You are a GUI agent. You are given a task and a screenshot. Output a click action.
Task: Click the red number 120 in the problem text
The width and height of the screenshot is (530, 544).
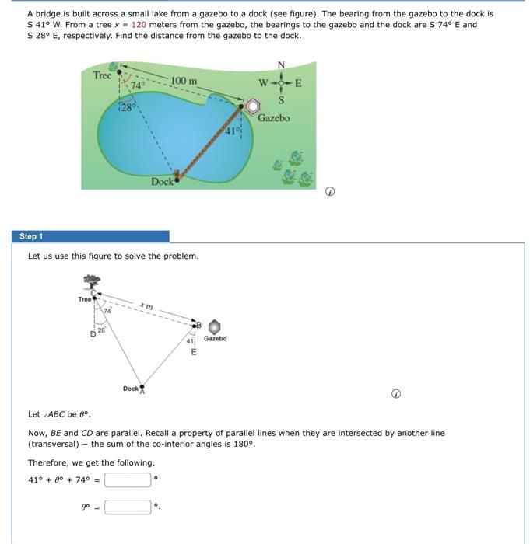tap(139, 25)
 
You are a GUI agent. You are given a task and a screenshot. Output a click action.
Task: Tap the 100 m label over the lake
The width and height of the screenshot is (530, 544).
tap(184, 81)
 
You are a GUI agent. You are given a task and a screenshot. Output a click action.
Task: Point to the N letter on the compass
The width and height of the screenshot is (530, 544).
tap(281, 65)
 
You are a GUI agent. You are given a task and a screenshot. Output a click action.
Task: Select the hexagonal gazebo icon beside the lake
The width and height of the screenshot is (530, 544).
tap(254, 106)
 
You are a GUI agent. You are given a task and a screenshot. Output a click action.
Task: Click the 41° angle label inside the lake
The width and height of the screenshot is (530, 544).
tap(231, 131)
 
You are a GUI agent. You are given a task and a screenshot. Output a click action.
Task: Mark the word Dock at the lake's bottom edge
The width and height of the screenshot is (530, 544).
tap(162, 181)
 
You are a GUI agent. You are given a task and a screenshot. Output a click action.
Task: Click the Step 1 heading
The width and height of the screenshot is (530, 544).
tap(32, 236)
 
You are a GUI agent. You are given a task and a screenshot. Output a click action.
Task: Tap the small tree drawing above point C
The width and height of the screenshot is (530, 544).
tap(93, 282)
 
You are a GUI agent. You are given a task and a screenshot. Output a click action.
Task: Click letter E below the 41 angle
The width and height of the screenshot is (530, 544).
tap(194, 352)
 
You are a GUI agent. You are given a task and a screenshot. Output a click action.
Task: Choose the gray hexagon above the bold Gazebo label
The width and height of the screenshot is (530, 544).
tap(215, 326)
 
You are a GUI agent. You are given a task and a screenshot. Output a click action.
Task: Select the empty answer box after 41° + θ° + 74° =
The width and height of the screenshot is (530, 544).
tap(128, 479)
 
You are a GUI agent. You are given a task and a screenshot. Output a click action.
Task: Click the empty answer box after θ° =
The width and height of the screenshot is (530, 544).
tap(128, 507)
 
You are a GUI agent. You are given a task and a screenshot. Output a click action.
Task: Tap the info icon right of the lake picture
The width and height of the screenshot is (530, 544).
tap(330, 190)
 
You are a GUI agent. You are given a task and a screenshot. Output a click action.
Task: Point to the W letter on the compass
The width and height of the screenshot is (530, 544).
tap(264, 83)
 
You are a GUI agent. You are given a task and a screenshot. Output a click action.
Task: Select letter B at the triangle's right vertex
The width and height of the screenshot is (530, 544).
tap(198, 324)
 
